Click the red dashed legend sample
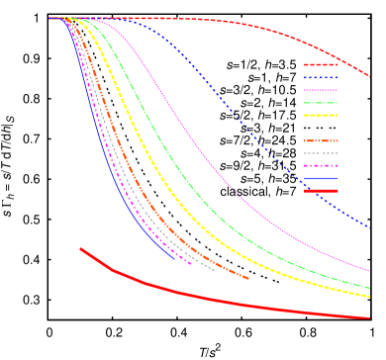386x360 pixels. pyautogui.click(x=321, y=65)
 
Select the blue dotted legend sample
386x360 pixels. pyautogui.click(x=321, y=77)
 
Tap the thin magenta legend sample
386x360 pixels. pyautogui.click(x=321, y=90)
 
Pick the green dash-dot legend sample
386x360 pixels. pyautogui.click(x=321, y=103)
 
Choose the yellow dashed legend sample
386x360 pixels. pyautogui.click(x=321, y=115)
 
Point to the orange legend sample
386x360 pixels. pyautogui.click(x=321, y=140)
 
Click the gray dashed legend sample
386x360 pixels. pyautogui.click(x=321, y=153)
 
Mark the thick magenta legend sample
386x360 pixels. pyautogui.click(x=321, y=165)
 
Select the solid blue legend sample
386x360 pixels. pyautogui.click(x=321, y=178)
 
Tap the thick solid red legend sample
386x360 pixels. pyautogui.click(x=321, y=191)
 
